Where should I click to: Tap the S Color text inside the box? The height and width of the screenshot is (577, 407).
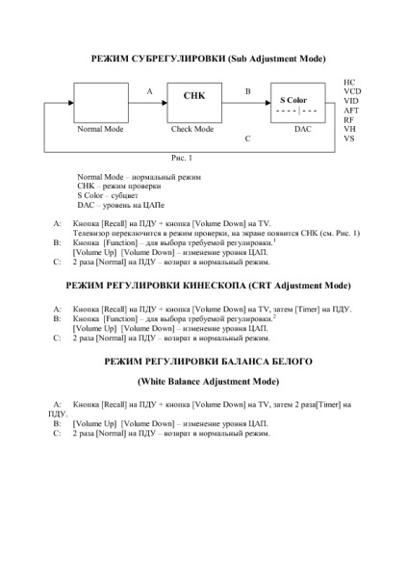[x=293, y=100]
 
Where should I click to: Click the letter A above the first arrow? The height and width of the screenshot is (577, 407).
[x=149, y=91]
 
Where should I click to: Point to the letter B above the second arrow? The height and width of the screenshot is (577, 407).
[x=248, y=91]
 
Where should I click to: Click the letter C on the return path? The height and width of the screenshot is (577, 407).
[x=247, y=138]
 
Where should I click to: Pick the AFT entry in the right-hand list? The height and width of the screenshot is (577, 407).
[x=351, y=111]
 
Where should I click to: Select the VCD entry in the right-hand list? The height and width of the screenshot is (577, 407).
[x=352, y=91]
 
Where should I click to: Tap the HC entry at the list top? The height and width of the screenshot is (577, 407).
[x=349, y=82]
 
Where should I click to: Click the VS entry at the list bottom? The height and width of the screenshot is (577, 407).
[x=349, y=138]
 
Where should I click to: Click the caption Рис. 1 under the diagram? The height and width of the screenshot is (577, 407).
[x=182, y=158]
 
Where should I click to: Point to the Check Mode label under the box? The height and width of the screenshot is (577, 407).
[x=192, y=129]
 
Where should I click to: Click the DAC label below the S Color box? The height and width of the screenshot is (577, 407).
[x=303, y=129]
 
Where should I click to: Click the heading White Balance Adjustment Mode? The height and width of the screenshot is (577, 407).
[x=208, y=382]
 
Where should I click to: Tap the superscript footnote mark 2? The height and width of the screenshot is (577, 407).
[x=275, y=316]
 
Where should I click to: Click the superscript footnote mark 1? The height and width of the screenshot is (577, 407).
[x=275, y=240]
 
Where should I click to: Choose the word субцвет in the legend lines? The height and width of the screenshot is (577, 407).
[x=124, y=196]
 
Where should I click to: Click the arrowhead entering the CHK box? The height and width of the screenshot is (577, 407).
[x=165, y=103]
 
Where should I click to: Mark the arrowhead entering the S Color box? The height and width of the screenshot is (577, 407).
[x=268, y=103]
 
